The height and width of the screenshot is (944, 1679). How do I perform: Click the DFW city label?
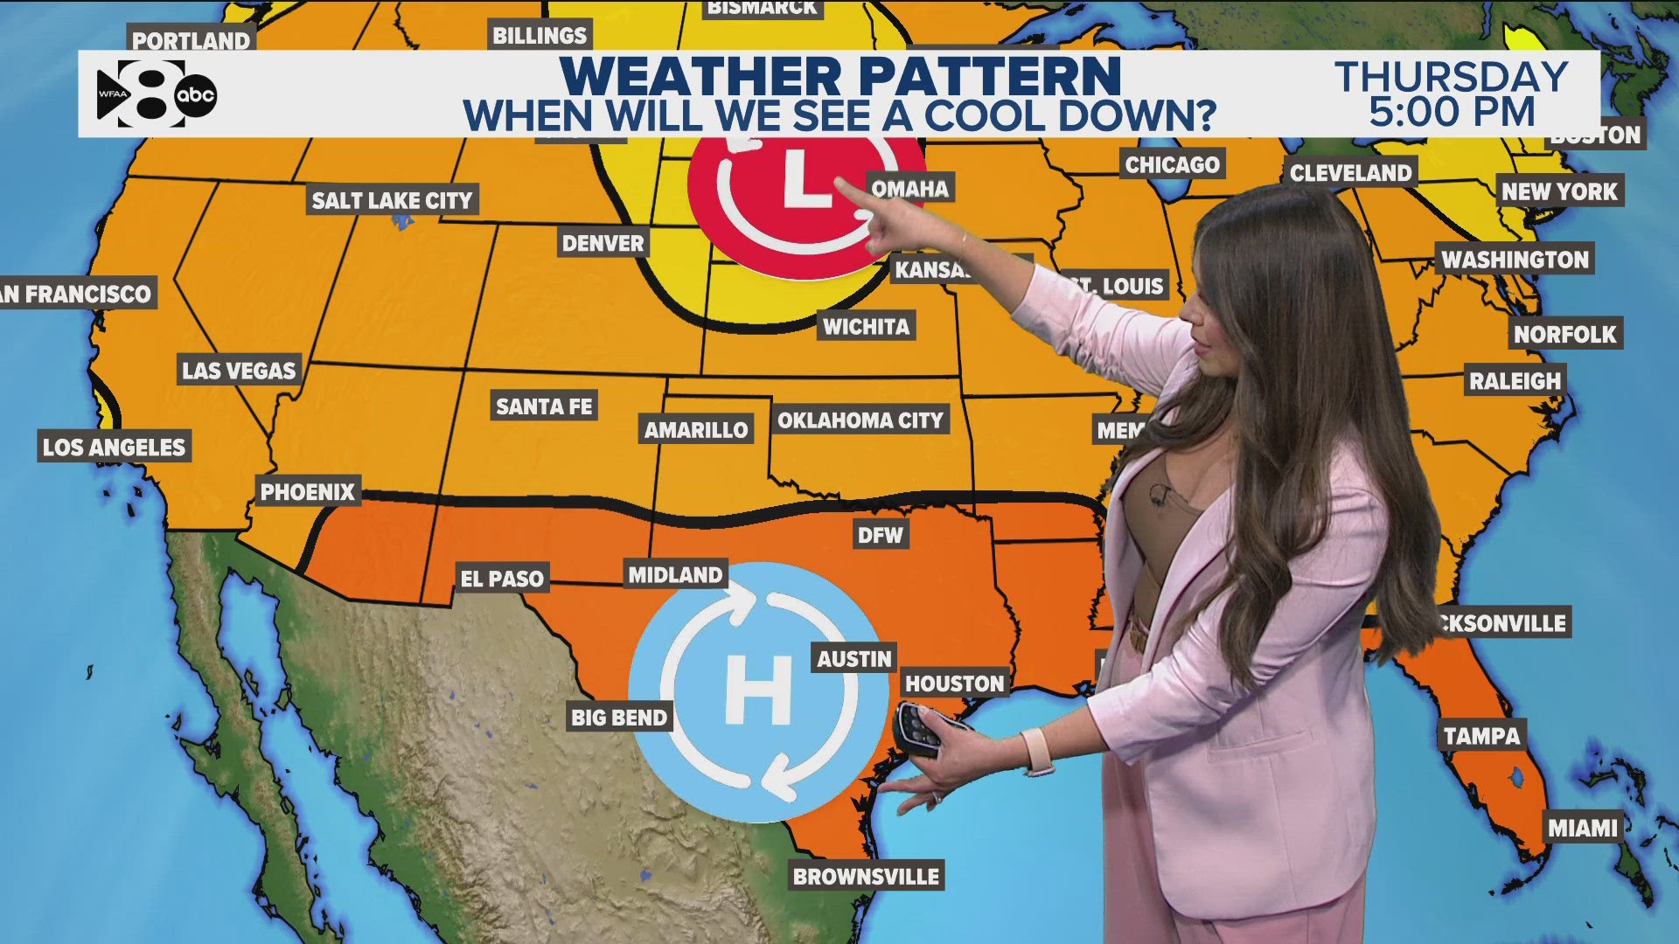pyautogui.click(x=880, y=535)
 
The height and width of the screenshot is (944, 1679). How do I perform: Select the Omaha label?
pyautogui.click(x=910, y=188)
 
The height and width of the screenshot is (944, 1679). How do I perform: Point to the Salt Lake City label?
pyautogui.click(x=392, y=200)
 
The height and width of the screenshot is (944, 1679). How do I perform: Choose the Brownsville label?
pyautogui.click(x=866, y=876)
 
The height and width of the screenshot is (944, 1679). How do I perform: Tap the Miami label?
pyautogui.click(x=1583, y=827)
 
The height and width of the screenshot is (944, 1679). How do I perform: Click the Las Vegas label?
pyautogui.click(x=239, y=370)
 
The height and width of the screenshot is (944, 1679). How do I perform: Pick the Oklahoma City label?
pyautogui.click(x=860, y=420)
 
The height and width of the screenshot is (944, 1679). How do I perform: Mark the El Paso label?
pyautogui.click(x=502, y=578)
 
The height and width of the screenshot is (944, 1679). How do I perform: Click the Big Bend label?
pyautogui.click(x=619, y=718)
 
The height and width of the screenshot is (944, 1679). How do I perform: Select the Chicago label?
pyautogui.click(x=1172, y=164)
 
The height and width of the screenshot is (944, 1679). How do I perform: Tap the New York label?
pyautogui.click(x=1560, y=191)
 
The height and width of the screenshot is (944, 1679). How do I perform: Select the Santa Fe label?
pyautogui.click(x=544, y=406)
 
